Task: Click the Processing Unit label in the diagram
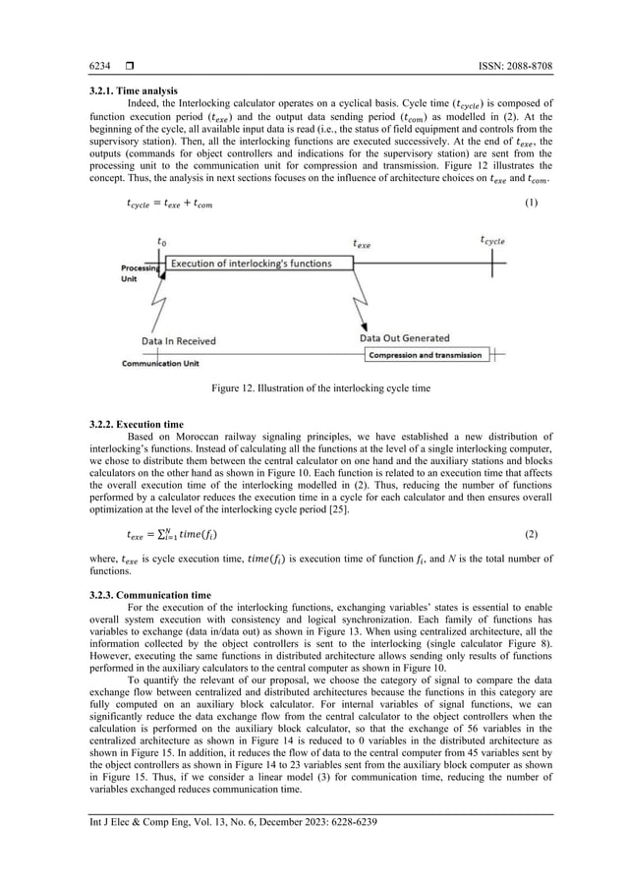139,270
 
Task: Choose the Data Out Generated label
404,338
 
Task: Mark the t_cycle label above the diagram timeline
494,239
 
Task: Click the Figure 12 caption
321,388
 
